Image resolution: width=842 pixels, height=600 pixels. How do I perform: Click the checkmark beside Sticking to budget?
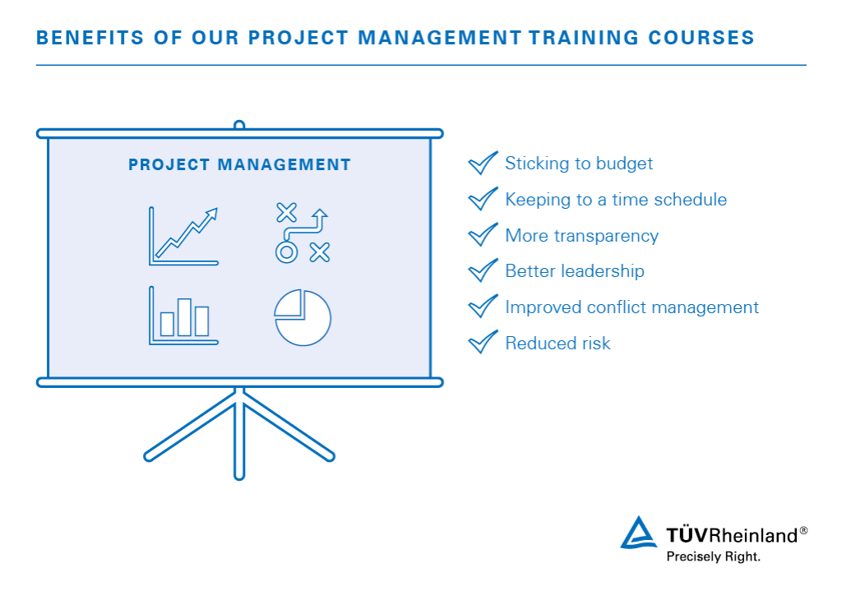[483, 163]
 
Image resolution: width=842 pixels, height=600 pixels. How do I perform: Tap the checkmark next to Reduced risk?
[483, 342]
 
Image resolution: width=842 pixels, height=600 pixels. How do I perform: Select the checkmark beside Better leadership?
[483, 270]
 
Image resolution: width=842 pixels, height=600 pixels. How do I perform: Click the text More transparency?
[581, 236]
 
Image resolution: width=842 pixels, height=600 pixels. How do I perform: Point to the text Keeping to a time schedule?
[615, 200]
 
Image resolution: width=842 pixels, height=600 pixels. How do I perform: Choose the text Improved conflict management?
[631, 307]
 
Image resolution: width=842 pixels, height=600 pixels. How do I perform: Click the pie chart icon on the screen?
[303, 316]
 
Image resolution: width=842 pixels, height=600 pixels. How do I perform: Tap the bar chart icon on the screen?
[183, 316]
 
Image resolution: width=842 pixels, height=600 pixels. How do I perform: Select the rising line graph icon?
[183, 236]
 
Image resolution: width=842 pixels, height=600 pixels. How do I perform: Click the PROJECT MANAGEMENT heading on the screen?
[239, 165]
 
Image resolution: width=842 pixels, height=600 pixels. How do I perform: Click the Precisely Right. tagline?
[713, 556]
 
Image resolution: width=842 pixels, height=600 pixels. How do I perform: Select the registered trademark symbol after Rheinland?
[803, 531]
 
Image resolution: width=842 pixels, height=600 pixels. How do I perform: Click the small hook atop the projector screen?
[239, 126]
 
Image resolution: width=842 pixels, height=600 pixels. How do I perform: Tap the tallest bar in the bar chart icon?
[184, 317]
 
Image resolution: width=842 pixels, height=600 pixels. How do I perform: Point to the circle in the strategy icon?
[285, 252]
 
